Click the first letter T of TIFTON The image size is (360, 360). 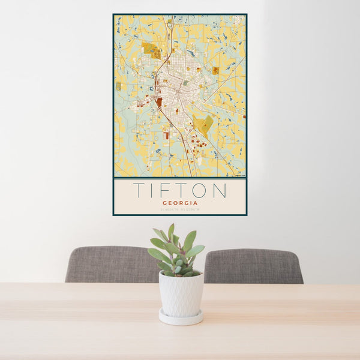tap(137, 190)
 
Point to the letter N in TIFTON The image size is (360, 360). tap(220, 190)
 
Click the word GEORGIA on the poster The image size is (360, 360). tap(179, 203)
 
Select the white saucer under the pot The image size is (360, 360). tap(181, 319)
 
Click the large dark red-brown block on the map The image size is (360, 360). tap(159, 102)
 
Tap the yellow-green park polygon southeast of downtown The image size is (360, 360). tap(203, 124)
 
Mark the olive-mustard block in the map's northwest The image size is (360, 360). tap(151, 49)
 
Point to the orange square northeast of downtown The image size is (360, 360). tap(215, 70)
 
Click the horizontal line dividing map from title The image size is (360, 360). tap(179, 178)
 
